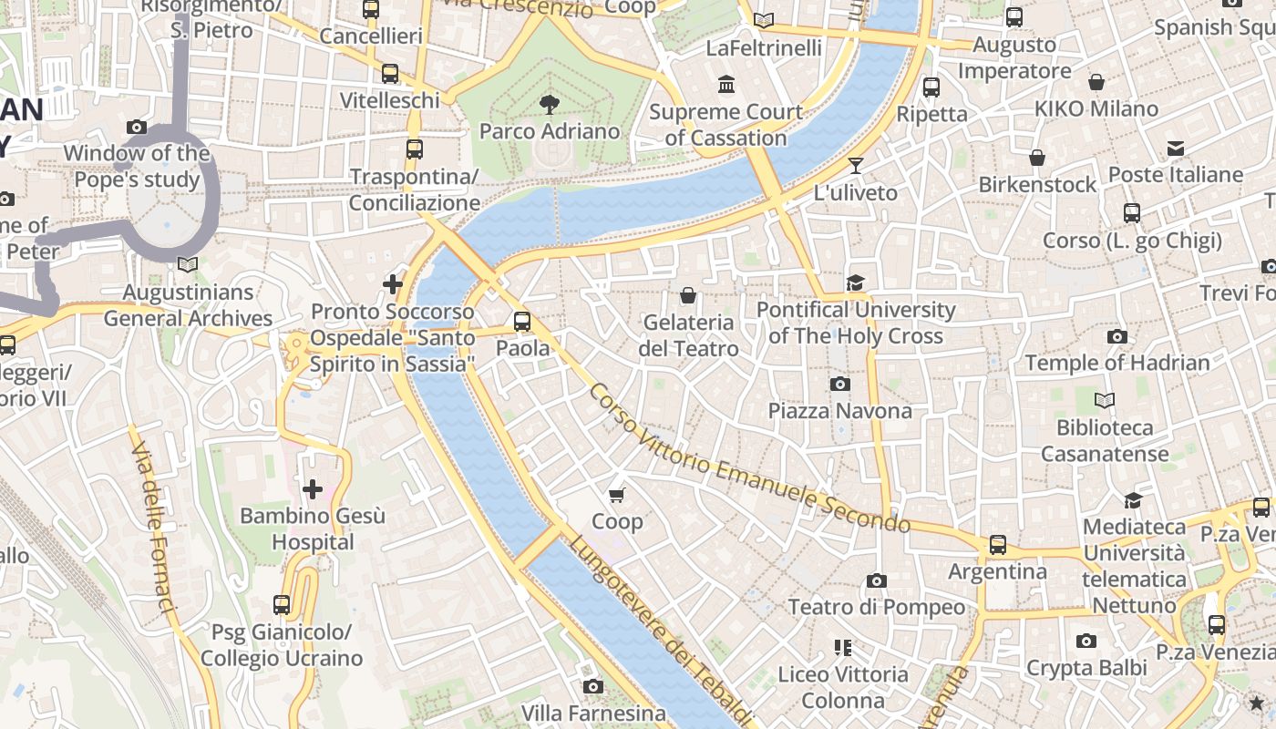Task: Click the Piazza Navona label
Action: pyautogui.click(x=839, y=411)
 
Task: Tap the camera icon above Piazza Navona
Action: pyautogui.click(x=840, y=385)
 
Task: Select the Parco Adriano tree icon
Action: pyautogui.click(x=549, y=104)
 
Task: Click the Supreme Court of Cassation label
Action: pyautogui.click(x=726, y=125)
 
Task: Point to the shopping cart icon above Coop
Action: pyautogui.click(x=617, y=495)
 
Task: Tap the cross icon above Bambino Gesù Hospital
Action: pyautogui.click(x=313, y=489)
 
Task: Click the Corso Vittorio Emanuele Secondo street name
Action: pyautogui.click(x=749, y=458)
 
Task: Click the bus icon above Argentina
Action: pyautogui.click(x=998, y=545)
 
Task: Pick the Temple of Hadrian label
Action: pyautogui.click(x=1117, y=363)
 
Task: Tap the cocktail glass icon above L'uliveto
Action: pyautogui.click(x=855, y=166)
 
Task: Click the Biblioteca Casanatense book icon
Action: pyautogui.click(x=1104, y=400)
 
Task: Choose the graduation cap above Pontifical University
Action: pyautogui.click(x=855, y=282)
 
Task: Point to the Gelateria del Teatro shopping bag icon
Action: pyautogui.click(x=688, y=295)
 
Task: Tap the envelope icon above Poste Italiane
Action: pyautogui.click(x=1175, y=148)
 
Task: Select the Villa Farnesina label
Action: pyautogui.click(x=593, y=713)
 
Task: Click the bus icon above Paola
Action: pyautogui.click(x=522, y=321)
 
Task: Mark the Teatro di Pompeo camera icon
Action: pyautogui.click(x=876, y=580)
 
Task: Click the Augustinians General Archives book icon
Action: pyautogui.click(x=188, y=264)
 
